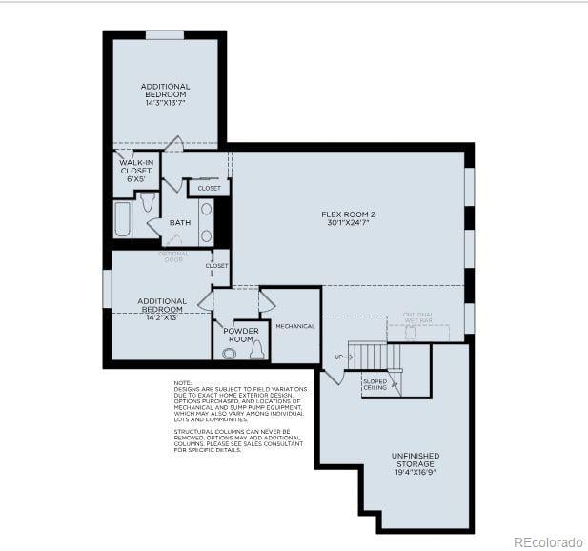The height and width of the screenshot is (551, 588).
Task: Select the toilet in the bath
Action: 148,203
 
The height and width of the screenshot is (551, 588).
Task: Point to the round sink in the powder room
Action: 229,353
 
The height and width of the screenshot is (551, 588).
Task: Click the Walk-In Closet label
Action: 136,171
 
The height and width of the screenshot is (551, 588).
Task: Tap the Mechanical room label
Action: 294,326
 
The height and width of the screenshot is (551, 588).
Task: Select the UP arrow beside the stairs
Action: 338,357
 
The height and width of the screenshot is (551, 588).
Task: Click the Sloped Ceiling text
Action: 375,384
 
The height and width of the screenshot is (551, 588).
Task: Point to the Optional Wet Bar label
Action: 417,318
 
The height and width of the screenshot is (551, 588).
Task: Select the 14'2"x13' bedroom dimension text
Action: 161,317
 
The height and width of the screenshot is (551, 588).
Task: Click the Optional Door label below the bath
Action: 173,256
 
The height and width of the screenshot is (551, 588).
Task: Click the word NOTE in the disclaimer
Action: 182,382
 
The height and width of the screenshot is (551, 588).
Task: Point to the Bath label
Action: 179,223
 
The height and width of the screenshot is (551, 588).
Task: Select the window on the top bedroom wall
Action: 165,35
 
